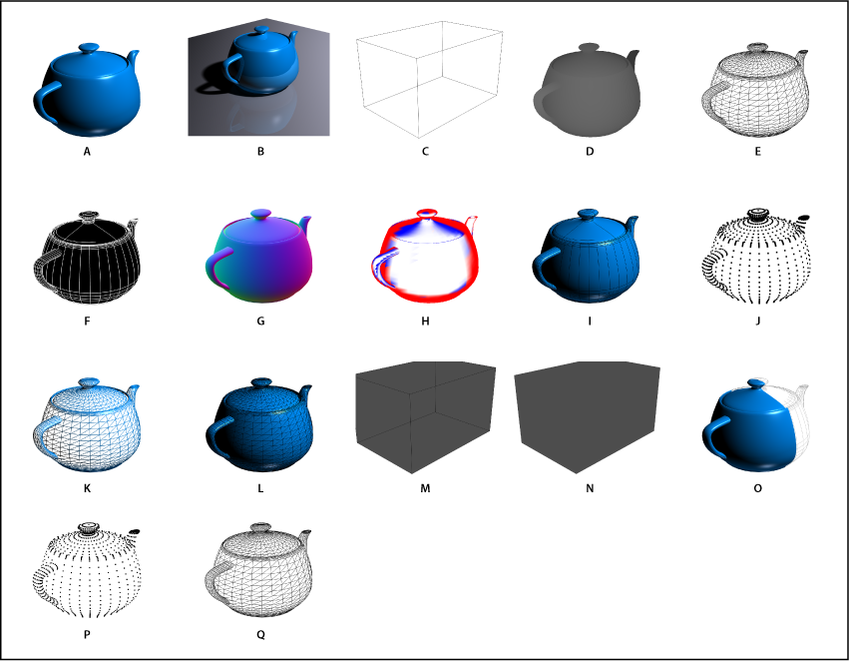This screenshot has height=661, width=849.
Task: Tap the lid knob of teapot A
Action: [89, 46]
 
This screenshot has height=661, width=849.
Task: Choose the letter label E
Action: [758, 153]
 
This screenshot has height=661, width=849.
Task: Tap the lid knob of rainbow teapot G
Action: [261, 213]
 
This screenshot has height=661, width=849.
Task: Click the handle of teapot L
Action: [214, 434]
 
